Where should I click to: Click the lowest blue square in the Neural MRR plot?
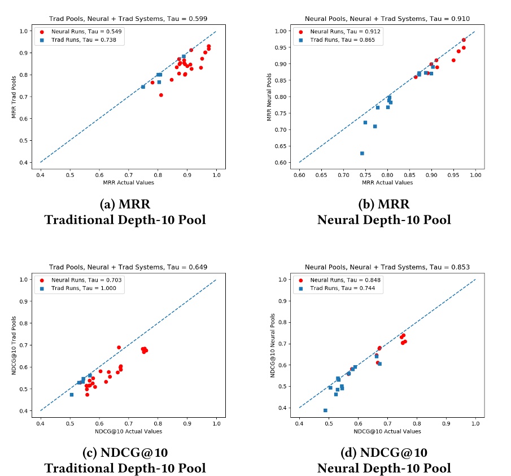pos(362,153)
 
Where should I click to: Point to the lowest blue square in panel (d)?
pos(325,410)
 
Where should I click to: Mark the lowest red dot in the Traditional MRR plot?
pos(161,95)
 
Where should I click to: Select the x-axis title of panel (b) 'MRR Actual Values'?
pos(387,183)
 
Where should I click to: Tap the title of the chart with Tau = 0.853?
pos(387,266)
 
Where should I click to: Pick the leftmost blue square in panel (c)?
pos(72,395)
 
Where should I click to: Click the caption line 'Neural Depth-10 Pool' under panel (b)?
pos(384,219)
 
